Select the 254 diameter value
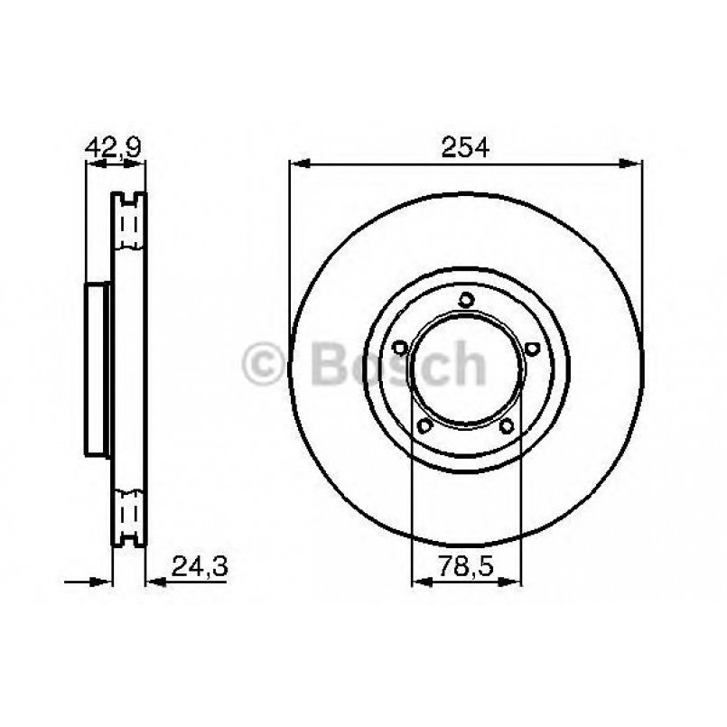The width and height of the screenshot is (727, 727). pos(466,147)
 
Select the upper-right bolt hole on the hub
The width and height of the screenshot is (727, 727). pos(533,347)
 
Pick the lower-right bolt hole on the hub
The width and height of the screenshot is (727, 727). pos(508,425)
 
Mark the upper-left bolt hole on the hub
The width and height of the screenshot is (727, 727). pos(399,347)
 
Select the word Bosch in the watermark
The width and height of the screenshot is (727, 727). pos(397,364)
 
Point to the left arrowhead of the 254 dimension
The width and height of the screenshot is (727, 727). pos(298,163)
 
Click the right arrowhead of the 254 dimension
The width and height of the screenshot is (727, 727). pos(633,163)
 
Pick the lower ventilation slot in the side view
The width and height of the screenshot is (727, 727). pos(130,513)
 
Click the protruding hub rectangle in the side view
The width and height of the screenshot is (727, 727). pos(97,368)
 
